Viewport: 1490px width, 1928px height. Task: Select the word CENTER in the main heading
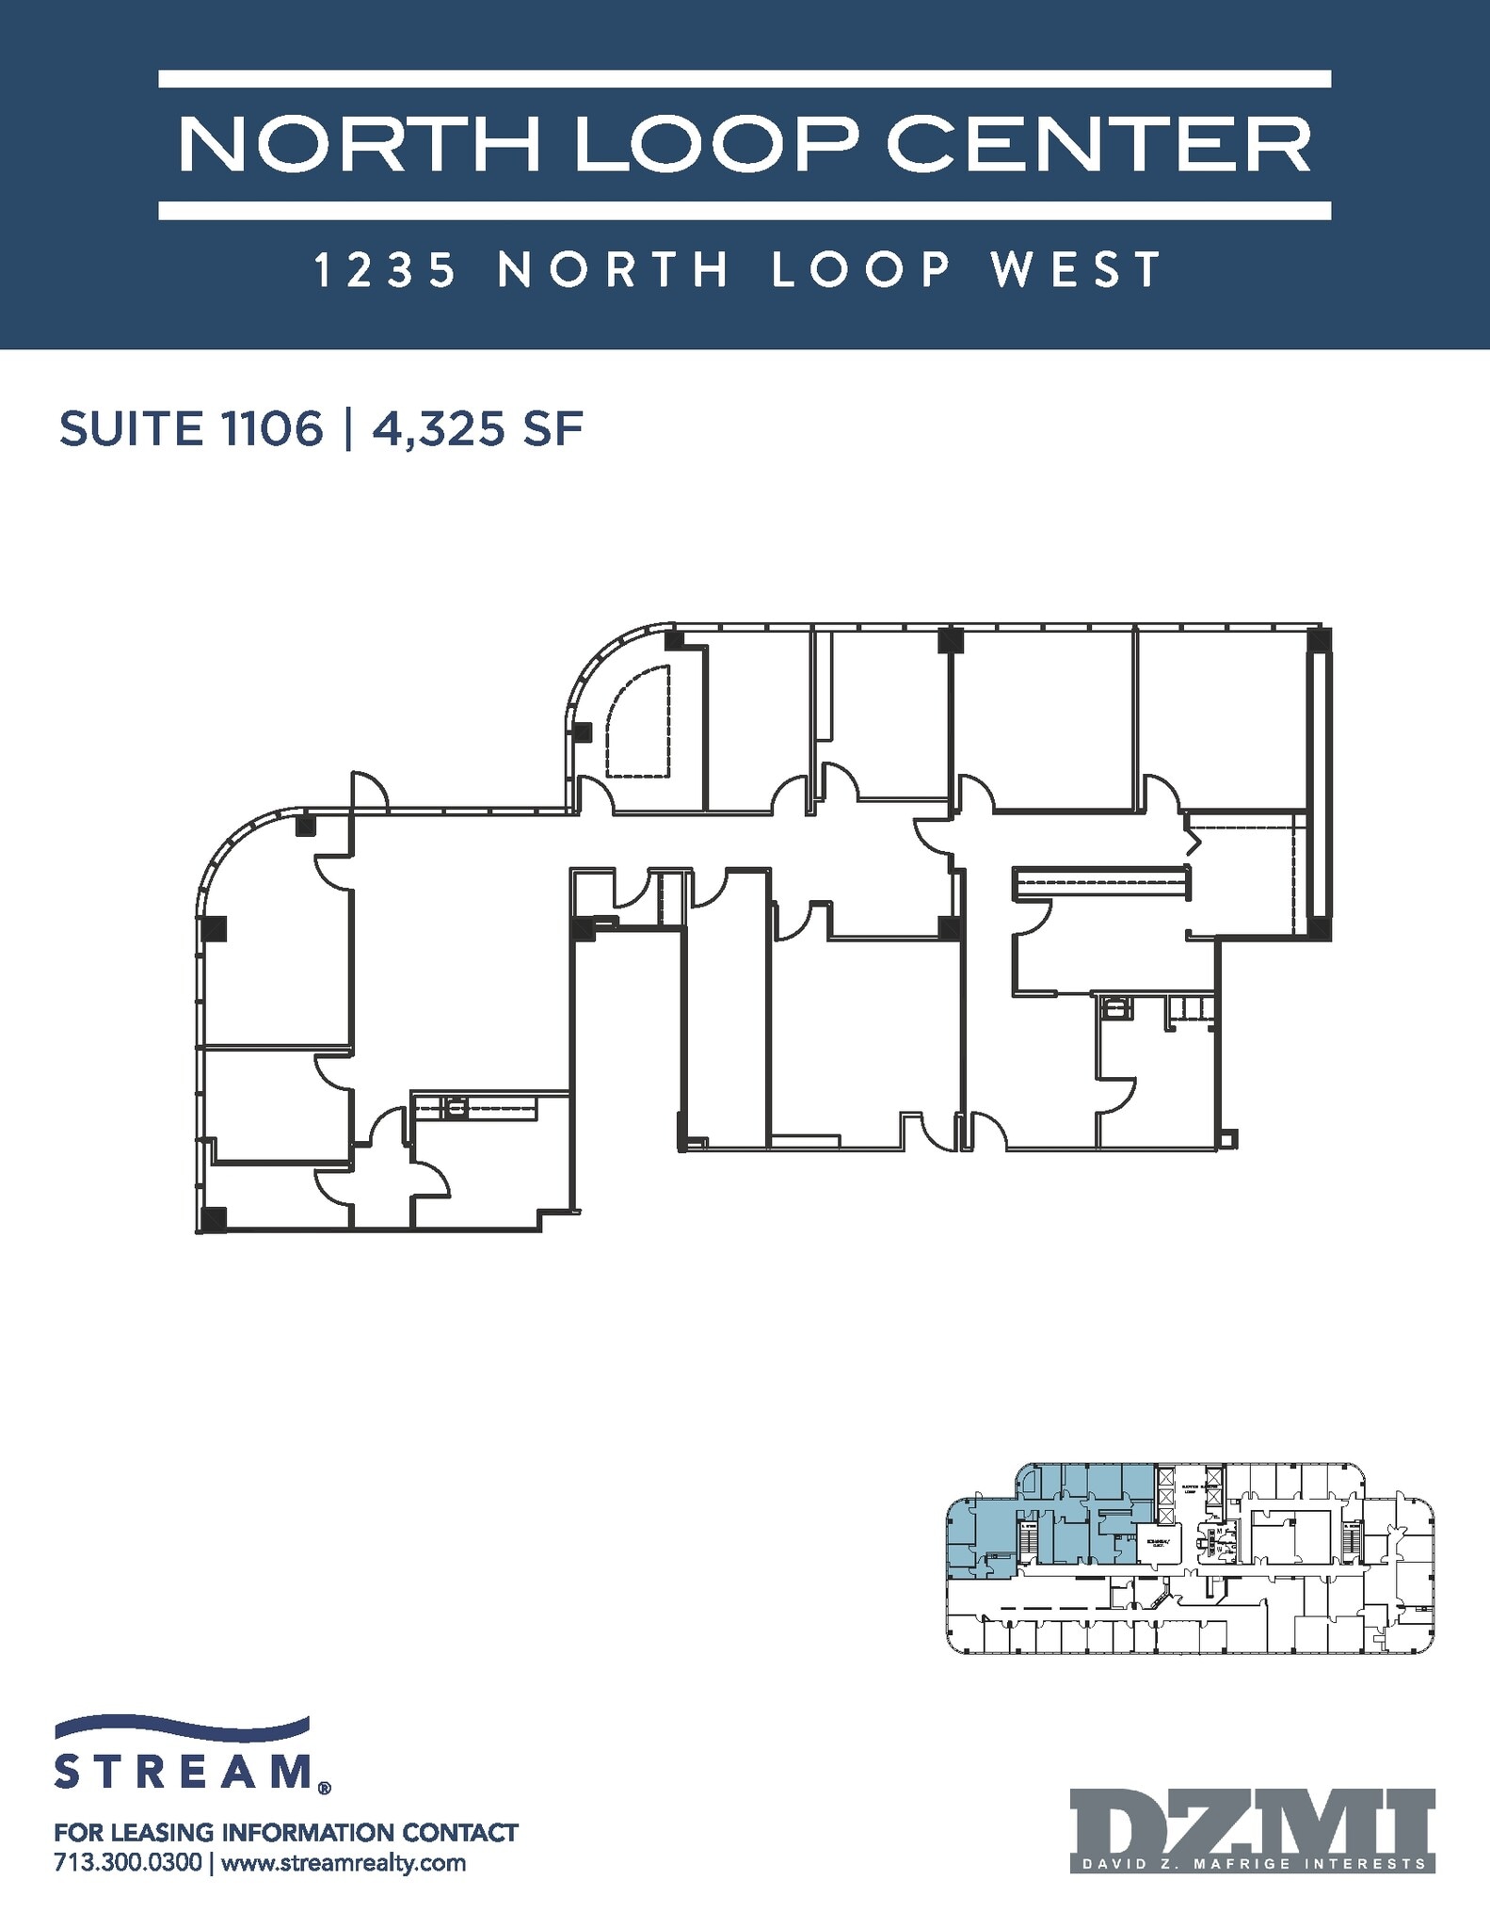tap(1098, 144)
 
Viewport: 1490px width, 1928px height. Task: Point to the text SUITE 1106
tap(191, 430)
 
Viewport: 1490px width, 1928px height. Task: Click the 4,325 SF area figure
tap(478, 430)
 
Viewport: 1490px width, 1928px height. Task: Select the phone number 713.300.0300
tap(128, 1863)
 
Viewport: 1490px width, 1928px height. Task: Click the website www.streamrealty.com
tap(344, 1863)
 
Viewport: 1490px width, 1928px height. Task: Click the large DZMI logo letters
tap(1252, 1824)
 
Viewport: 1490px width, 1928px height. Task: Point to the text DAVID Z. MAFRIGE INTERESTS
tap(1252, 1864)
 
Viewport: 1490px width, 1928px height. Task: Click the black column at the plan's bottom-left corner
tap(214, 1219)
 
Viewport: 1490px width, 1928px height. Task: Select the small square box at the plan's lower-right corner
tap(1227, 1140)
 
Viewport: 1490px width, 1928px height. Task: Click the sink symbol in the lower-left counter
tap(457, 1107)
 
